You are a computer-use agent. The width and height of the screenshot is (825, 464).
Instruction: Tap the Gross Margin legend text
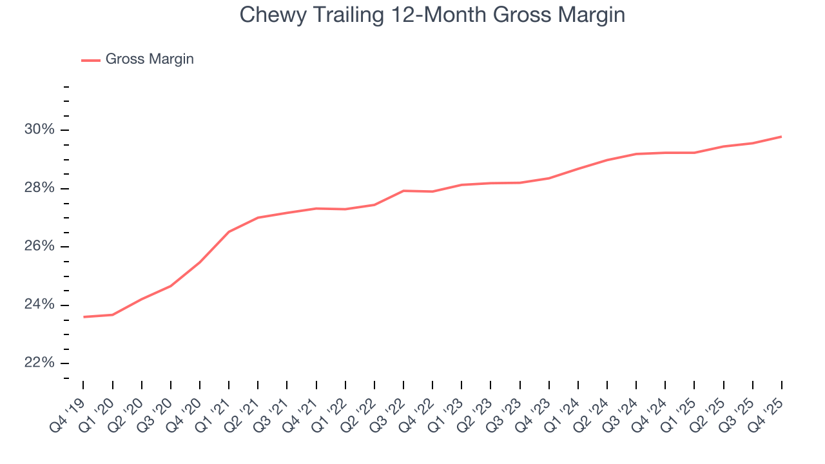click(x=150, y=59)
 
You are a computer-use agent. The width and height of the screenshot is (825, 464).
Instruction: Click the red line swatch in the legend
click(x=90, y=60)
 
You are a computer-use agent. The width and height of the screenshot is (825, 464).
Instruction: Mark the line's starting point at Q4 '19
click(x=84, y=316)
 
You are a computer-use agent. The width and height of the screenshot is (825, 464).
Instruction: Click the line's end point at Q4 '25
click(x=781, y=137)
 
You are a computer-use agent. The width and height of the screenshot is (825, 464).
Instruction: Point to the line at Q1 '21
click(x=229, y=232)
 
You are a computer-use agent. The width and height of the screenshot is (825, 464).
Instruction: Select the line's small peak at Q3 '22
click(x=403, y=191)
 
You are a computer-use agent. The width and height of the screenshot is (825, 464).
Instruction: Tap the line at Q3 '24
click(x=636, y=154)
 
